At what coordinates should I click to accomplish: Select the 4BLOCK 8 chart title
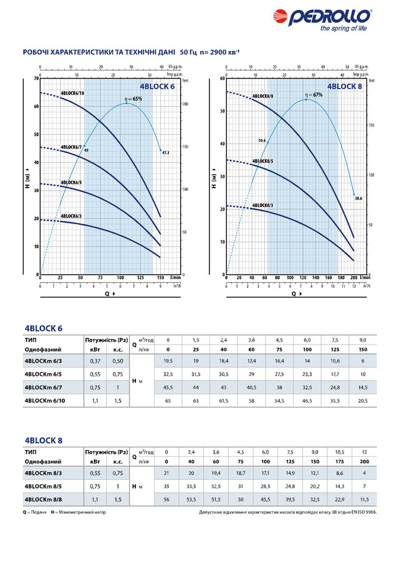[x=344, y=87]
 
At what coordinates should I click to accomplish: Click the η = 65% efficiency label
[x=133, y=98]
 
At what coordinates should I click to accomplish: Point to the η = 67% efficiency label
[x=314, y=95]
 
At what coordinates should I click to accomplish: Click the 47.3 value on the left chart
[x=165, y=152]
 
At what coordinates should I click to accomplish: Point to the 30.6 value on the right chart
[x=358, y=198]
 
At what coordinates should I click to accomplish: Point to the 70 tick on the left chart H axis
[x=36, y=79]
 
